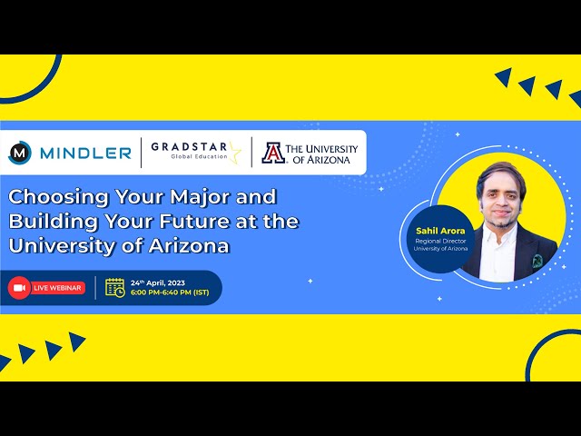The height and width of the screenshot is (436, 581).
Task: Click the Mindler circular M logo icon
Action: pyautogui.click(x=20, y=153)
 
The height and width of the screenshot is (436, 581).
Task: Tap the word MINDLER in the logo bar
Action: pyautogui.click(x=85, y=153)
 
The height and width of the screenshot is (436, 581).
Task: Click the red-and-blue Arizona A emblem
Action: pyautogui.click(x=272, y=153)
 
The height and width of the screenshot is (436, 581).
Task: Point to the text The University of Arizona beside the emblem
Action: pyautogui.click(x=320, y=153)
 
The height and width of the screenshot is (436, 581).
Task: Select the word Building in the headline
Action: pyautogui.click(x=52, y=221)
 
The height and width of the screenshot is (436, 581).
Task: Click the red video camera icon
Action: pyautogui.click(x=19, y=288)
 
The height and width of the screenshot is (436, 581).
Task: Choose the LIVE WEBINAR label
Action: pyautogui.click(x=58, y=288)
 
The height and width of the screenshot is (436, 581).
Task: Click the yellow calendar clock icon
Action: pyautogui.click(x=115, y=287)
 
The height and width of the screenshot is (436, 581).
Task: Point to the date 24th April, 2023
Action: pyautogui.click(x=158, y=282)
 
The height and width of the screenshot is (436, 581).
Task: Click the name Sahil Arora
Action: pyautogui.click(x=434, y=232)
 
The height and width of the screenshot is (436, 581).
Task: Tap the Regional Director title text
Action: pyautogui.click(x=434, y=242)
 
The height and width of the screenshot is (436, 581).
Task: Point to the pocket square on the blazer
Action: pyautogui.click(x=537, y=261)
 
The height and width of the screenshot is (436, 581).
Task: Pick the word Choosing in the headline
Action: pyautogui.click(x=54, y=197)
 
